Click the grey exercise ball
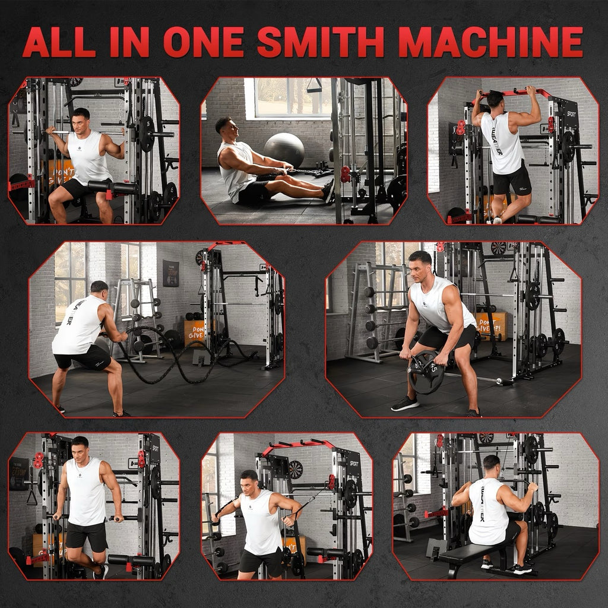click(284, 150)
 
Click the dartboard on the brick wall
click(295, 469)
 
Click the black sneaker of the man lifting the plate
click(405, 403)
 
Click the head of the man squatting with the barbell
click(81, 118)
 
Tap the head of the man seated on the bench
click(491, 465)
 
